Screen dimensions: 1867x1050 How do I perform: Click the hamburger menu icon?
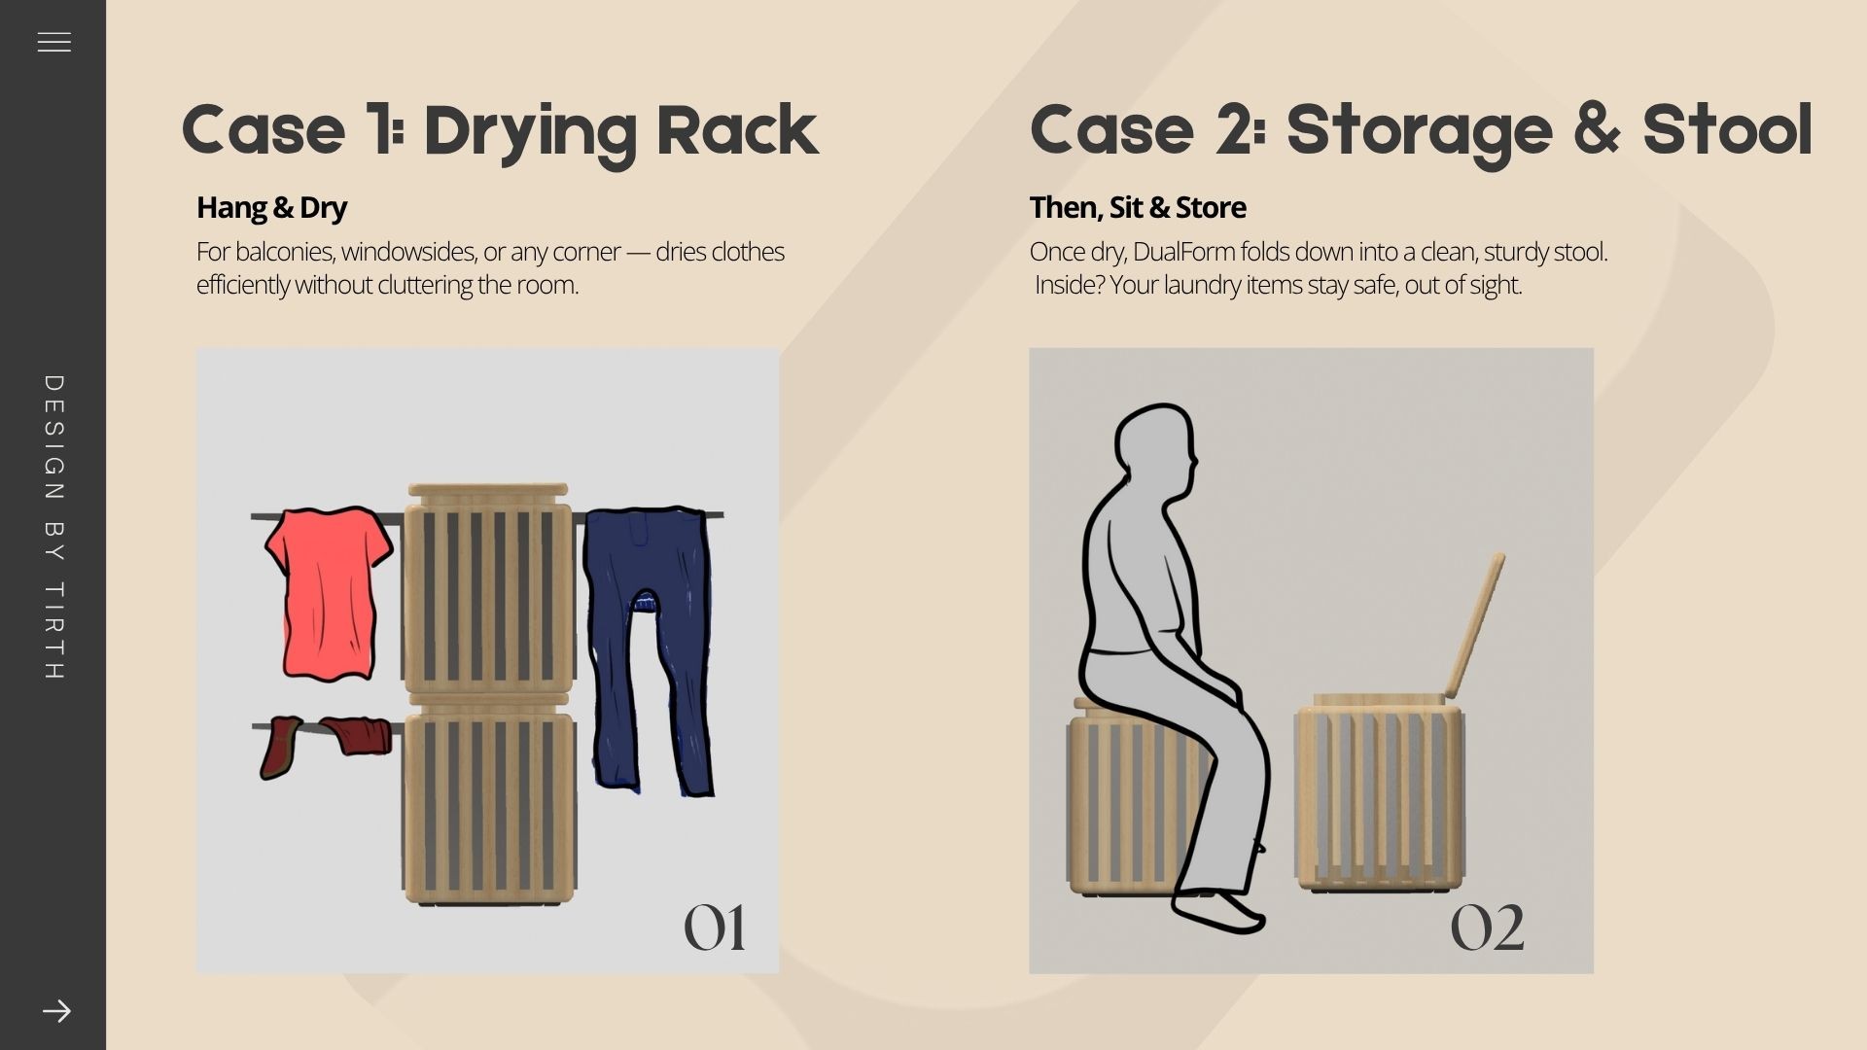coord(54,43)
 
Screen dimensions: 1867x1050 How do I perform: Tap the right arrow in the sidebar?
coord(56,1011)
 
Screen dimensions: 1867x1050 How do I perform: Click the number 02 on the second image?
coord(1487,927)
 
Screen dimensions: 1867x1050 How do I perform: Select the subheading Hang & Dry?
coord(271,207)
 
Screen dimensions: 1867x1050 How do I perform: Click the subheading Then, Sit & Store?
coord(1138,207)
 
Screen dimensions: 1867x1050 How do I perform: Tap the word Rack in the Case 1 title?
coord(737,130)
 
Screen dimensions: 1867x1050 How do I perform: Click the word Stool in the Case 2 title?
coord(1728,130)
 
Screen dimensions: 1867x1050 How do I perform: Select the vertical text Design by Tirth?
coord(54,527)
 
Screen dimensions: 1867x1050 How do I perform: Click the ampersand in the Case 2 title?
coord(1597,130)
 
